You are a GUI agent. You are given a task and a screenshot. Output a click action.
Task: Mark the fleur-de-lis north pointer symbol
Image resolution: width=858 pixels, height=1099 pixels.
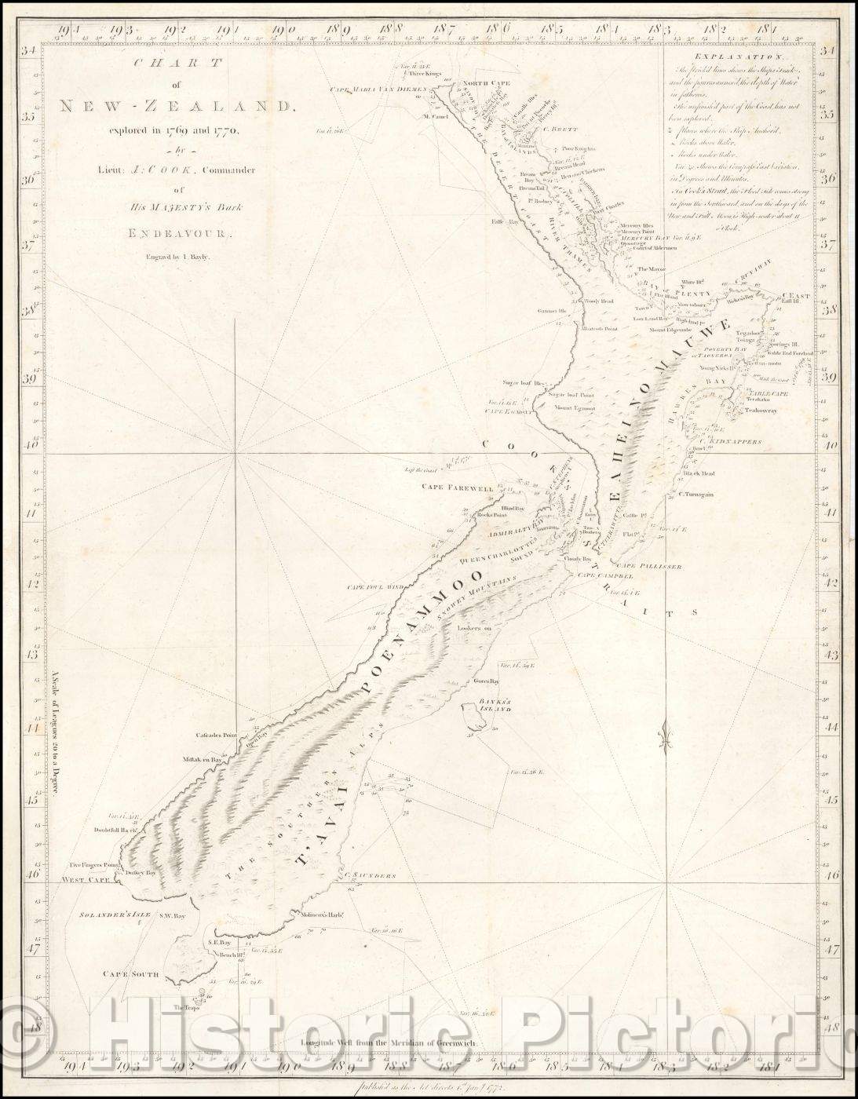(666, 736)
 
